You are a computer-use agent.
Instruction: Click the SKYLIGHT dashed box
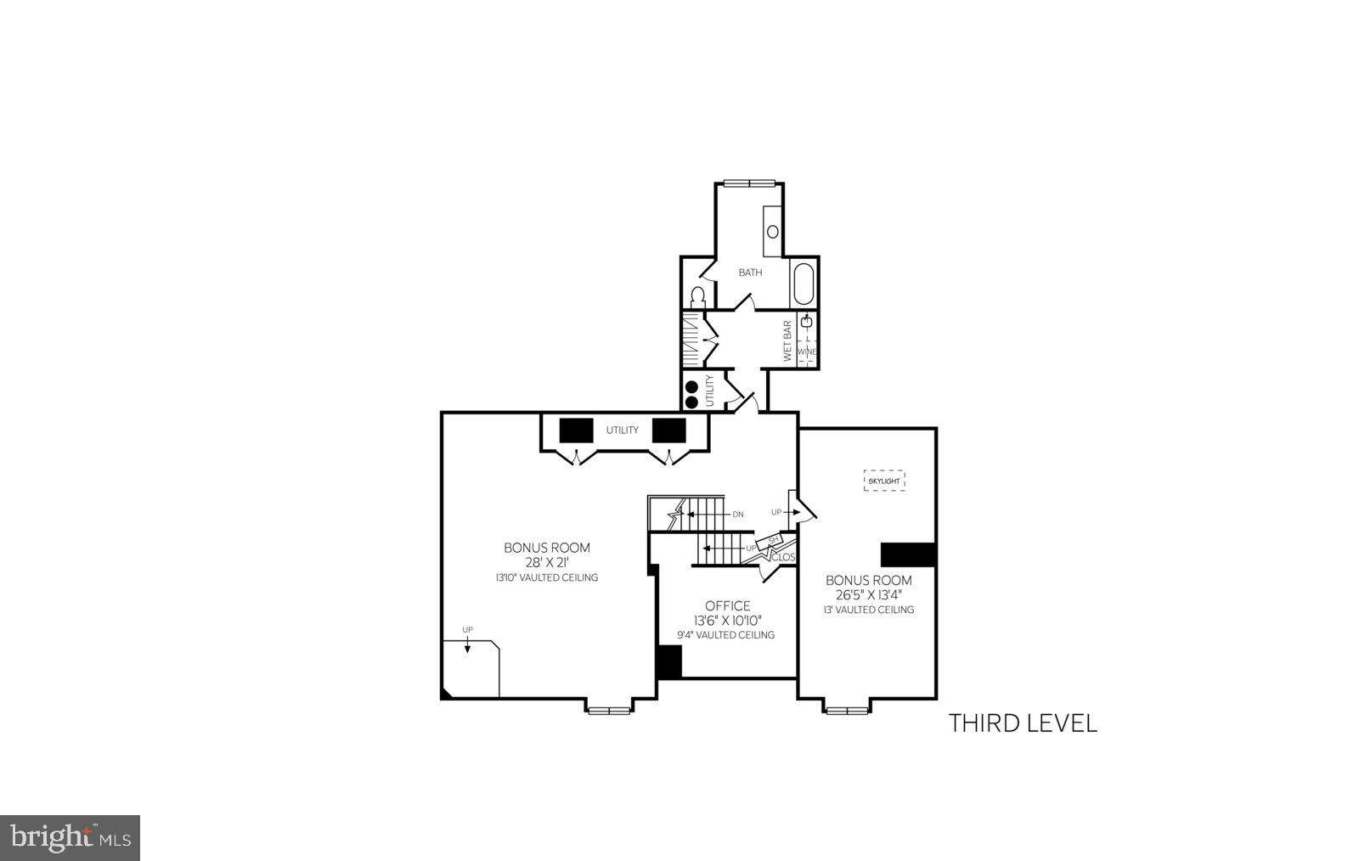click(x=884, y=481)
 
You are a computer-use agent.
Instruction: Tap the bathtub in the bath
click(x=803, y=284)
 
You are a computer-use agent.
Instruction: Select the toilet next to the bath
click(x=697, y=298)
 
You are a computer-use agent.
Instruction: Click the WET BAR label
click(x=787, y=340)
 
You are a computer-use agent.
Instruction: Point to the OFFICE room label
click(x=728, y=606)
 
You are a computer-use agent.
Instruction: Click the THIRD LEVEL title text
click(x=1023, y=723)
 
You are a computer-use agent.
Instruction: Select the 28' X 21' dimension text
click(x=547, y=562)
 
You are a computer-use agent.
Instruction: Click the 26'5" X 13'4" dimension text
click(x=869, y=594)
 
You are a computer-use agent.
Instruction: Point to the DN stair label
click(x=738, y=515)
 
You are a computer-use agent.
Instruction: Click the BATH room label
click(x=750, y=273)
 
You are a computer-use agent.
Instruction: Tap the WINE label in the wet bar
click(x=807, y=352)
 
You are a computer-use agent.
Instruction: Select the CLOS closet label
click(x=783, y=558)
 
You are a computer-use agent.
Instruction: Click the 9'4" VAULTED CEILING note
click(x=726, y=635)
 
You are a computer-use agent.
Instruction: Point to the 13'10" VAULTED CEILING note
click(x=547, y=577)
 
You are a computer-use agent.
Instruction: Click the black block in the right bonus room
click(x=908, y=554)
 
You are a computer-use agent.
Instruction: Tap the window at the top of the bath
click(x=749, y=182)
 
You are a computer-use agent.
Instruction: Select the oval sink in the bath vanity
click(x=773, y=231)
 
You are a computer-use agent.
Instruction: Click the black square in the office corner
click(x=669, y=662)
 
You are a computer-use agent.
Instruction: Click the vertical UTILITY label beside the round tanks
click(x=710, y=390)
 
